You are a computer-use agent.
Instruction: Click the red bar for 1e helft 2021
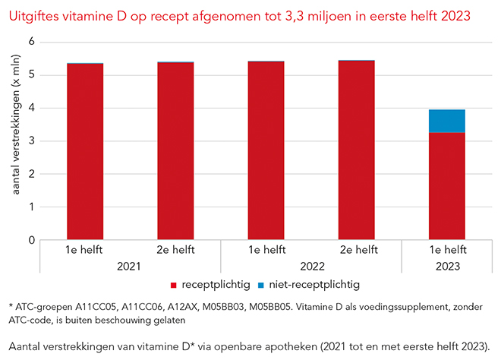tap(84, 152)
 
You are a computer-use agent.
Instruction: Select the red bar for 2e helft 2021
tap(175, 152)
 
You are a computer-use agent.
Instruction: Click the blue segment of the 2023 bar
tap(446, 121)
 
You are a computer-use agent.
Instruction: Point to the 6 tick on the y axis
tap(33, 42)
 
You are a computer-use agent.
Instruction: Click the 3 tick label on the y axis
tap(33, 141)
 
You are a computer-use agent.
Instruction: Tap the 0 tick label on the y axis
tap(33, 240)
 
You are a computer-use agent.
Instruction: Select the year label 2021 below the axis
tap(129, 267)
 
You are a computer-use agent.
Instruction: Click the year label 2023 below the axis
tap(446, 267)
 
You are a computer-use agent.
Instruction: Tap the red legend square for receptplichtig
tap(174, 285)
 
